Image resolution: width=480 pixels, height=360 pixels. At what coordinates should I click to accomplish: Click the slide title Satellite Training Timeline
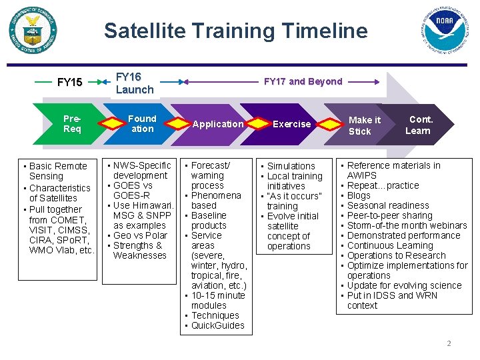235,31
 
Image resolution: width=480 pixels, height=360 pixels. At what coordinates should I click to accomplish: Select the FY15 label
70,83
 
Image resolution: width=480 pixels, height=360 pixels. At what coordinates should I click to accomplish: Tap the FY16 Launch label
135,83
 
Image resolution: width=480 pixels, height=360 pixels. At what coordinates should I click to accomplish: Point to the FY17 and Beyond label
303,81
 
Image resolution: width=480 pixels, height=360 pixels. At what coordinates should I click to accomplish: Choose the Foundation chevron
141,124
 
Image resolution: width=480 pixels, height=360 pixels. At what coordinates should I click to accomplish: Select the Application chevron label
218,124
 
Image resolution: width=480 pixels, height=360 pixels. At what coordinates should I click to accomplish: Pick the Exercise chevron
291,124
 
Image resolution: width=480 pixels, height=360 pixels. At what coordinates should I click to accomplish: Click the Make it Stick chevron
364,125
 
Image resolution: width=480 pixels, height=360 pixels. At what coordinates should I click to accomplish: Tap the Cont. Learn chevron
419,125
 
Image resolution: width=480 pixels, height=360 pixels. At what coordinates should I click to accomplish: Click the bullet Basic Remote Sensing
58,171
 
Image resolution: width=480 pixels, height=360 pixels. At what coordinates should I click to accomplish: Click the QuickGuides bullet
217,325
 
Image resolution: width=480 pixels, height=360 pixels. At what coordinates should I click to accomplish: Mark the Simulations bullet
291,166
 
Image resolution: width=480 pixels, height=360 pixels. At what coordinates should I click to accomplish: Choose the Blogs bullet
359,195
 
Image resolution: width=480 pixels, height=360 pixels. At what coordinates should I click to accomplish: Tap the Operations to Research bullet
396,255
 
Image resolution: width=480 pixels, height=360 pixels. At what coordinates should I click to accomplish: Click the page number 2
449,343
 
